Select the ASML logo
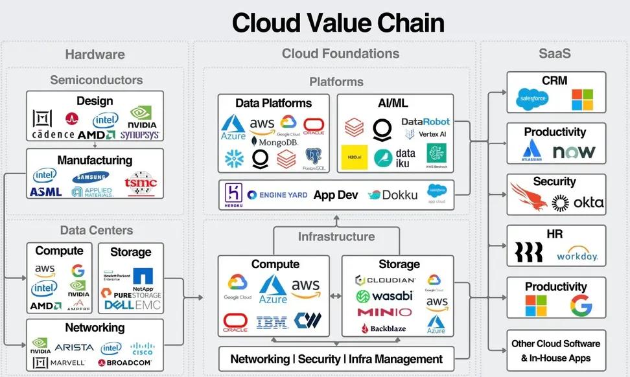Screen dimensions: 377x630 (45, 192)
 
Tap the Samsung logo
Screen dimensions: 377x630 (91, 176)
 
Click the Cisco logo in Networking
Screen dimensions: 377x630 (143, 348)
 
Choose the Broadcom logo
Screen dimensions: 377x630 (125, 363)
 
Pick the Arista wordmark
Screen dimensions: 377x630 (74, 348)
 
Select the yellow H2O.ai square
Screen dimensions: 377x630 (354, 157)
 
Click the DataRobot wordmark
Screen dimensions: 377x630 (425, 121)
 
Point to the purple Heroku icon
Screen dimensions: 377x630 (233, 194)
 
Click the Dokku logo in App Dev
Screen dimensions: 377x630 (393, 194)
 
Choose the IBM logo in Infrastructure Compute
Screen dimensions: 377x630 (272, 322)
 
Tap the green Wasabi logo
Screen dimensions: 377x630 (384, 296)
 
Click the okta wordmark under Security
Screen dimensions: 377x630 (578, 203)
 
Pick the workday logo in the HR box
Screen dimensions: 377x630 (577, 254)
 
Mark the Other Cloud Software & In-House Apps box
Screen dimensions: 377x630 (555, 350)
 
